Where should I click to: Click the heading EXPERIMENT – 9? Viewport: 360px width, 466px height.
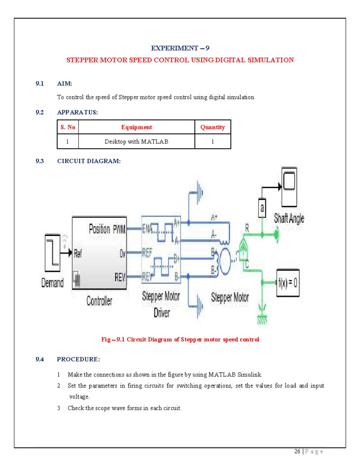[180, 48]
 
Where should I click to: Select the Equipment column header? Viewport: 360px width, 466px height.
[136, 127]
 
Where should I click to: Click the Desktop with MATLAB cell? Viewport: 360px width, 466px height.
[136, 142]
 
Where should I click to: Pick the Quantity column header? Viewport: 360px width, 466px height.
[212, 127]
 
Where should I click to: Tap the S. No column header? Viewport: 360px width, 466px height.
[68, 127]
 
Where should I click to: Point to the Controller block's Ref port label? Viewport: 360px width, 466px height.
[78, 254]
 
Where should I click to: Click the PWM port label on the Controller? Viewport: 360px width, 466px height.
[119, 230]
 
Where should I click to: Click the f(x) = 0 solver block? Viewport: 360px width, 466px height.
[288, 283]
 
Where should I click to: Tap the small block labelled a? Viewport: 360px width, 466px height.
[262, 208]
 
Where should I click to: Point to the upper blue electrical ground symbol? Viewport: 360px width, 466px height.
[199, 192]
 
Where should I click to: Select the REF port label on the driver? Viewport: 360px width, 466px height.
[147, 253]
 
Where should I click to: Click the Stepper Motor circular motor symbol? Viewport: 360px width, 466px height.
[225, 261]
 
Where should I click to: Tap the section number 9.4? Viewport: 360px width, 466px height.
[40, 359]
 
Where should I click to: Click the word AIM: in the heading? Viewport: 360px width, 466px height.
[64, 83]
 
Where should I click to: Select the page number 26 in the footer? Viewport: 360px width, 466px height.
[297, 451]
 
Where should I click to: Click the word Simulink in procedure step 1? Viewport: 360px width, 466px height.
[250, 374]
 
